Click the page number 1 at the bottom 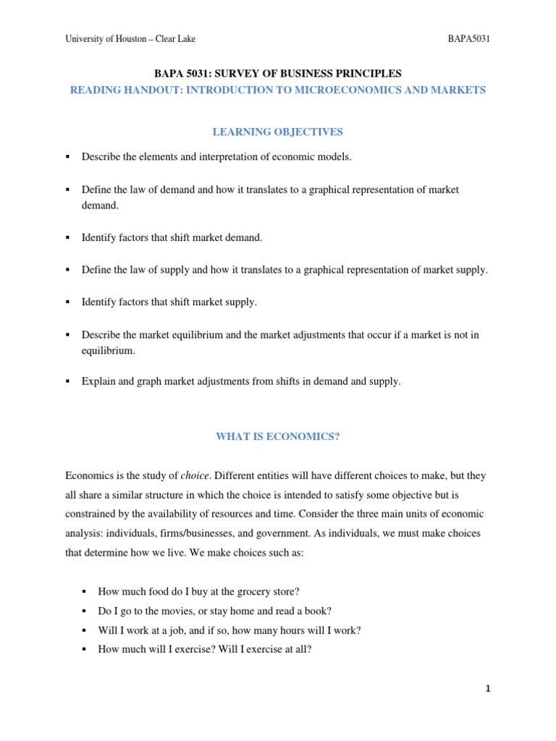(x=488, y=688)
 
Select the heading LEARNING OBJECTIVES (x=277, y=132)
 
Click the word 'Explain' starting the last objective (x=98, y=381)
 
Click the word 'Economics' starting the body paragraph (x=89, y=475)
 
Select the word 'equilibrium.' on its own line (x=108, y=350)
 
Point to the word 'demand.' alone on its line (x=99, y=205)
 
